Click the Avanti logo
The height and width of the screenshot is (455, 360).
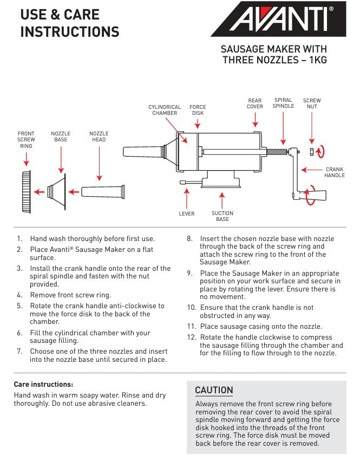coord(278,19)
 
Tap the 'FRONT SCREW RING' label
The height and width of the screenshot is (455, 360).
coord(26,140)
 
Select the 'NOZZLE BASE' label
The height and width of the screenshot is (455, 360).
coord(61,136)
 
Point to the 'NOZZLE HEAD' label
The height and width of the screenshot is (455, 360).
coord(99,136)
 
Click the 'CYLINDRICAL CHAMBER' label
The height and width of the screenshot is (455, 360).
coord(165,110)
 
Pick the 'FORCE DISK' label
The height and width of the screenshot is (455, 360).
coord(198,110)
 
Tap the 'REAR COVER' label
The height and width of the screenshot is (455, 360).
coord(255,103)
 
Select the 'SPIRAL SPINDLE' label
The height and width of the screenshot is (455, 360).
coord(283,103)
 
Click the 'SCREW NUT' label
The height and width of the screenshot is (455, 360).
coord(312,103)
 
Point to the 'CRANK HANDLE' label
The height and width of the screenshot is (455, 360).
coord(334,173)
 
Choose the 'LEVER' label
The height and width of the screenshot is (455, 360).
coord(186,214)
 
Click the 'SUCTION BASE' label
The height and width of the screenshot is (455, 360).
coord(222,216)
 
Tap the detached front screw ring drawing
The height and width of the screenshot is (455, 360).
coord(25,191)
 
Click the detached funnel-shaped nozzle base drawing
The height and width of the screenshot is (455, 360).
coord(56,191)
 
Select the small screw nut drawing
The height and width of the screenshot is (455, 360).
coord(312,151)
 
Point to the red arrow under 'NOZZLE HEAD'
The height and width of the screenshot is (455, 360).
coord(99,163)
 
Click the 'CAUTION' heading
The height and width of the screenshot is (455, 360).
coord(214,390)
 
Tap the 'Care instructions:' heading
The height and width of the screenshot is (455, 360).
coord(43,384)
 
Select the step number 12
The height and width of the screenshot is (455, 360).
coord(191,337)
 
